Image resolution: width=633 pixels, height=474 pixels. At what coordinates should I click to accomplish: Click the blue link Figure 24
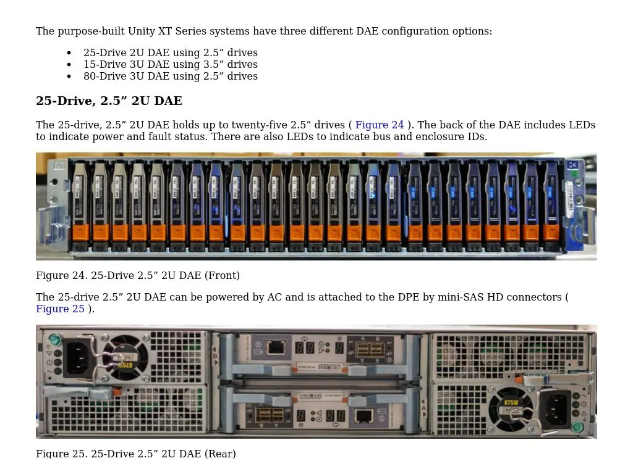click(x=380, y=125)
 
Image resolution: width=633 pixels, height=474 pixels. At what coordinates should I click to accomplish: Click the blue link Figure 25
click(x=60, y=309)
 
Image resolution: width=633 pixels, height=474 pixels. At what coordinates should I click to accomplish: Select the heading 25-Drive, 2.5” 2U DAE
click(x=109, y=101)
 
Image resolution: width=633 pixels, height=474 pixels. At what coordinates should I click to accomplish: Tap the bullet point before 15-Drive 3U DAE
click(x=69, y=65)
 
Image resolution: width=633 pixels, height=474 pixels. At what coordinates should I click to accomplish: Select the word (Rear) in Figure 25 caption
click(x=219, y=454)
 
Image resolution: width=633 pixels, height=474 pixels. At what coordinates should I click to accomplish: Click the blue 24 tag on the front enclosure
click(x=572, y=165)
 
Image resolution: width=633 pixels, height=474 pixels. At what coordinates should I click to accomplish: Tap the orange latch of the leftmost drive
click(x=81, y=233)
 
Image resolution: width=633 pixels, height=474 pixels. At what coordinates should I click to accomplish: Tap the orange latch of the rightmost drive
click(x=550, y=233)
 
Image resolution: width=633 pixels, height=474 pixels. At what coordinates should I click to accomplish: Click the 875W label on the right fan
click(x=511, y=402)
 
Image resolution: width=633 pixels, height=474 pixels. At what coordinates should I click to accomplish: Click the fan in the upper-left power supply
click(x=125, y=357)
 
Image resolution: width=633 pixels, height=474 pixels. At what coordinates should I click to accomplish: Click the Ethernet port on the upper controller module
click(x=275, y=347)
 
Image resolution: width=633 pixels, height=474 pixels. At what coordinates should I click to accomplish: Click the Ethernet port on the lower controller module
click(x=364, y=415)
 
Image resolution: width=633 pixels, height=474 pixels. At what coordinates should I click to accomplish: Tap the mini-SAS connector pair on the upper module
click(x=370, y=349)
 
